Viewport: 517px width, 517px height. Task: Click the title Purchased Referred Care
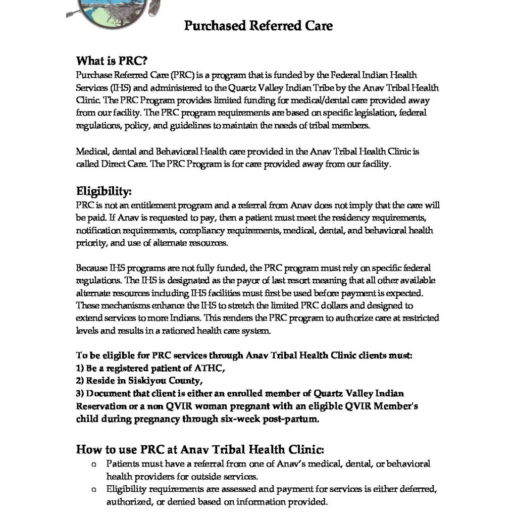point(258,25)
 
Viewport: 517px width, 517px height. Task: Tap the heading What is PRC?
point(112,62)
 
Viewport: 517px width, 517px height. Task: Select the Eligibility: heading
point(104,191)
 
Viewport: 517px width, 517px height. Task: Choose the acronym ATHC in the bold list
point(205,368)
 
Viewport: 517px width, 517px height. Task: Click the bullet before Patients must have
point(93,463)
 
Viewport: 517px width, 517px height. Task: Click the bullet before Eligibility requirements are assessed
point(93,489)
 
